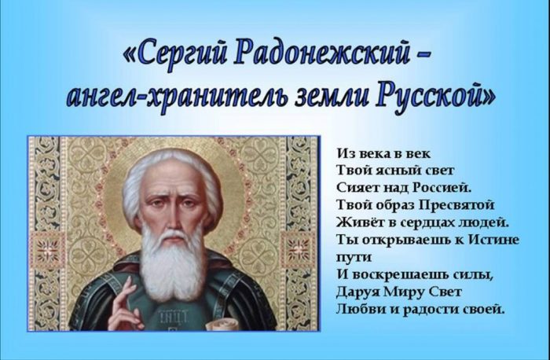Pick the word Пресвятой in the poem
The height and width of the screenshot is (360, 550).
point(456,205)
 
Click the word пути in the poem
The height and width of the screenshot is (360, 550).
point(354,258)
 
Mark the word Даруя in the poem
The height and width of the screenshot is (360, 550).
point(358,292)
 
